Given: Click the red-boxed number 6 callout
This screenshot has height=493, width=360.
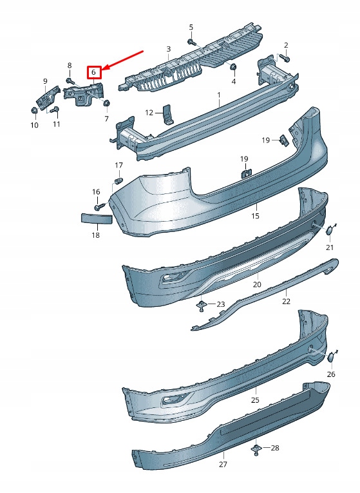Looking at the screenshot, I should [x=93, y=72].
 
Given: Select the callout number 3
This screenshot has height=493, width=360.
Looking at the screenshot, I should [x=168, y=49].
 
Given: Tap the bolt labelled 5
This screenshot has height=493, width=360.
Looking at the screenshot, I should [x=192, y=41].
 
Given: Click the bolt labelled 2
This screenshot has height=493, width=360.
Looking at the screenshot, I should [x=285, y=58].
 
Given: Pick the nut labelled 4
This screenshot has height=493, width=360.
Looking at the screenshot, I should [x=233, y=68].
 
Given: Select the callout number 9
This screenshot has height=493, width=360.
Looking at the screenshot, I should [x=45, y=81].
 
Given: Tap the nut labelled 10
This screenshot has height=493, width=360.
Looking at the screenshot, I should [x=34, y=110].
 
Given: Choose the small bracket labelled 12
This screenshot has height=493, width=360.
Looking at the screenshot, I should [x=167, y=115].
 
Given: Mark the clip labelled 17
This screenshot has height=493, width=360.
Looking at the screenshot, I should [x=118, y=180].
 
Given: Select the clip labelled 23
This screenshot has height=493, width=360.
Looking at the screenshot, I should [x=202, y=304].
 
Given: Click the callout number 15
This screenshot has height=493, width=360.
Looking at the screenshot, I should [x=255, y=215].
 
